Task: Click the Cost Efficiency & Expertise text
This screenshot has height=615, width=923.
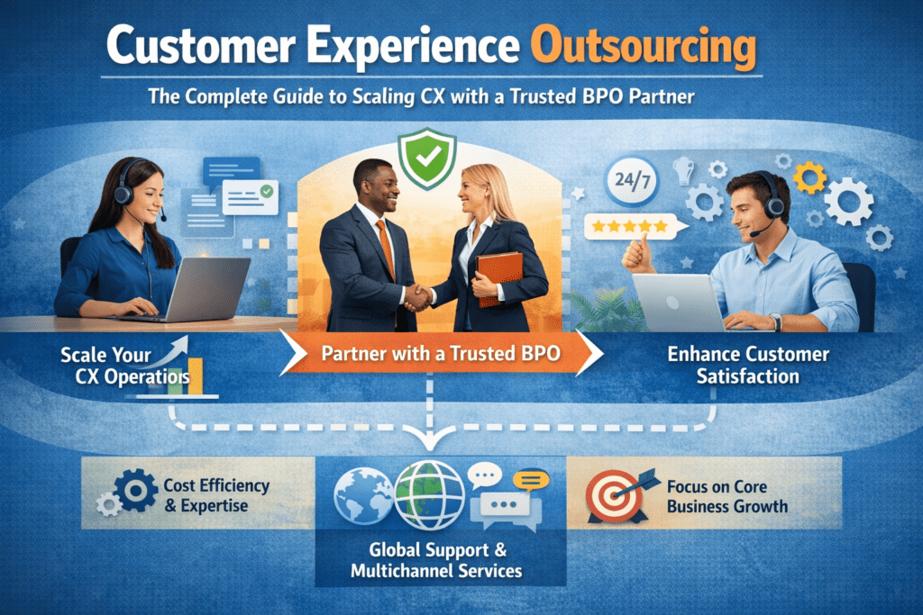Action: [216, 494]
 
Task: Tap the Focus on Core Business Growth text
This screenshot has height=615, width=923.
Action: [727, 496]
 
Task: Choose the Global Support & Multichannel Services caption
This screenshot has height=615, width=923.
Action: [439, 560]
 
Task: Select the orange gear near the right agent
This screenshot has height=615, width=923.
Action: [809, 177]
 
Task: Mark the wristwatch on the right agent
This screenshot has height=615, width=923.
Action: [775, 320]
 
